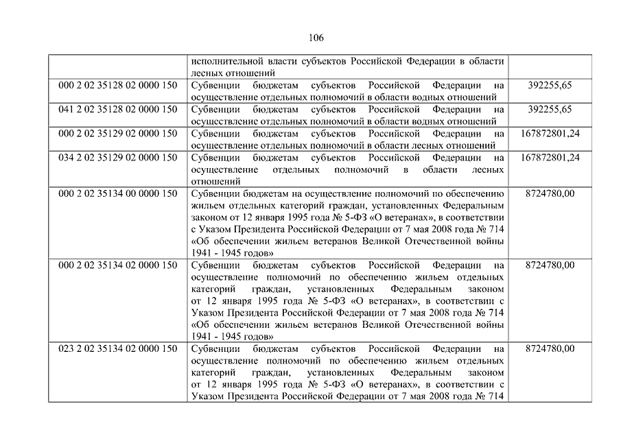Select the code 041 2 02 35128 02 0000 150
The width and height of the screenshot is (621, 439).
tap(118, 109)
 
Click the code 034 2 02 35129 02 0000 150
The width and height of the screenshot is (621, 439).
tap(118, 158)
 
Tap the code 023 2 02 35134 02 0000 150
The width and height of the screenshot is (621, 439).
tap(118, 348)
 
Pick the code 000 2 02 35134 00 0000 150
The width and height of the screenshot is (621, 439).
tap(118, 193)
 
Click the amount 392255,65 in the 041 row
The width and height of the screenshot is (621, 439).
tap(550, 109)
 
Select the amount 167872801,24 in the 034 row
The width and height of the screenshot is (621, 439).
tap(550, 158)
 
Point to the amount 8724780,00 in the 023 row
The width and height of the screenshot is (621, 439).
tap(550, 348)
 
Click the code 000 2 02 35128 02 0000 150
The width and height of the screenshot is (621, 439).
tap(118, 85)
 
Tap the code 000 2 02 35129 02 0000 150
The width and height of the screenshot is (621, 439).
tap(118, 133)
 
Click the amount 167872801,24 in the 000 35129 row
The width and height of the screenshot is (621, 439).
tap(550, 133)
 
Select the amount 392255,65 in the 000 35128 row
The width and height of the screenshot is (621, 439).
tap(550, 85)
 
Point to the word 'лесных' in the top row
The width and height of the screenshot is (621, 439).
tap(207, 73)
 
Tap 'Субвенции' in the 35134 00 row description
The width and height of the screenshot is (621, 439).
tap(213, 193)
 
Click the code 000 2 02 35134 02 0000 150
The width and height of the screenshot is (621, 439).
tap(118, 265)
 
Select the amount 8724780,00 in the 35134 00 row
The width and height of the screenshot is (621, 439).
tap(550, 193)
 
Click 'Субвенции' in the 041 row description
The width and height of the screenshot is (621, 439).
tap(213, 109)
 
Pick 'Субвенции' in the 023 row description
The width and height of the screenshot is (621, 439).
tap(213, 348)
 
